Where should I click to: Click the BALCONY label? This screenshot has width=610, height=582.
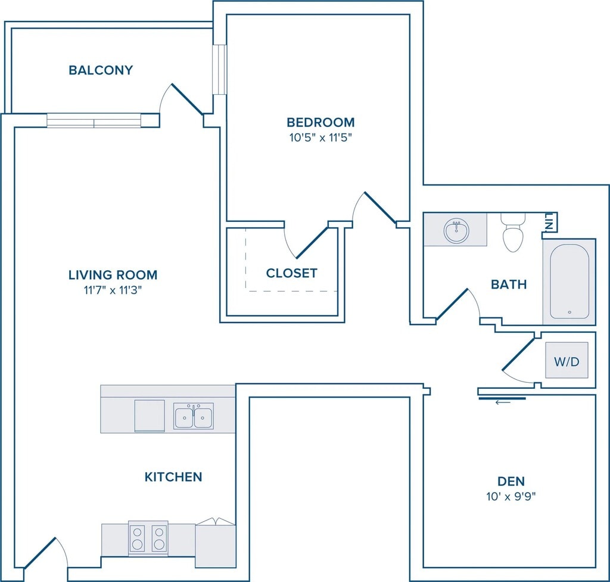101,70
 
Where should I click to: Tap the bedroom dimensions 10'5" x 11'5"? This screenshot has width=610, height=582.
320,138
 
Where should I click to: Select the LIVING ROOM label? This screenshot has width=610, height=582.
113,275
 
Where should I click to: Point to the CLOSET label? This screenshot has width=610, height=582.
291,273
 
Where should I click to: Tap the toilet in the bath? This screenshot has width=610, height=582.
513,233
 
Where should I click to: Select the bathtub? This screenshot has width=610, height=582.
569,281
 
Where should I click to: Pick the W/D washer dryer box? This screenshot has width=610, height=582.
567,360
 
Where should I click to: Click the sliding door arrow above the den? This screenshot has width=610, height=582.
503,403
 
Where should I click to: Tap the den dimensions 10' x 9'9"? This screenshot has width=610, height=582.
511,497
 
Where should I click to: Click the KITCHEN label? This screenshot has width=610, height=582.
173,477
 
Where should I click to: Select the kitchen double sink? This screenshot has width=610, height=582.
194,416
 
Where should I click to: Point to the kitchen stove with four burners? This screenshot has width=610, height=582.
148,538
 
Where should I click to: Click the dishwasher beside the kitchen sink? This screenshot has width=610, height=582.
150,416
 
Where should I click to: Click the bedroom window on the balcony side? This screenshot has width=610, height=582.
219,69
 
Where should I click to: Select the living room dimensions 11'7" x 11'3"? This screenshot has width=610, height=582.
113,290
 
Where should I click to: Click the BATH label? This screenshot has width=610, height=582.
509,284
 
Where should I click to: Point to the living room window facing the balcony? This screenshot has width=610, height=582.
94,120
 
